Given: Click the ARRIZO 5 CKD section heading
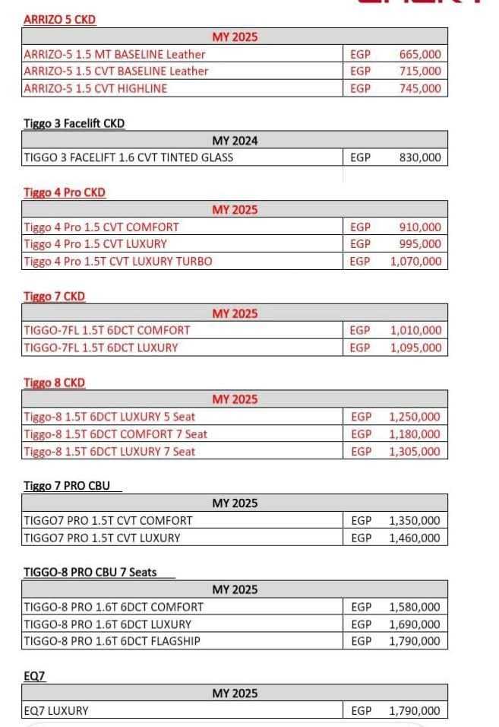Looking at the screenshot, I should (x=60, y=20).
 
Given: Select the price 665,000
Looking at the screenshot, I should (x=419, y=54).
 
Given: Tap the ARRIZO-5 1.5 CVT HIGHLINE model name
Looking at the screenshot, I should (x=96, y=88).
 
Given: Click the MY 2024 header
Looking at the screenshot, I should (x=235, y=141).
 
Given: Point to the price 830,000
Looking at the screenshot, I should (x=419, y=158).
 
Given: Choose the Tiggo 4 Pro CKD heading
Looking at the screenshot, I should (x=65, y=192).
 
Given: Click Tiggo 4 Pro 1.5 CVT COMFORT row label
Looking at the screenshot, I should (x=102, y=227).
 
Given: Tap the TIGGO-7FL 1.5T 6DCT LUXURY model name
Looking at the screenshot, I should (x=101, y=348).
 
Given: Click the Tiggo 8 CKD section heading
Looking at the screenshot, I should (x=55, y=383).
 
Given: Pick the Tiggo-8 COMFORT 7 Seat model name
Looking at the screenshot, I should (x=115, y=434).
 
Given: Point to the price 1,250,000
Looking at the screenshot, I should (x=415, y=417).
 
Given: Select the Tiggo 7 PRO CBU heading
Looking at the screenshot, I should (x=67, y=486).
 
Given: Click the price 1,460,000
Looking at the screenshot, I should (x=415, y=538).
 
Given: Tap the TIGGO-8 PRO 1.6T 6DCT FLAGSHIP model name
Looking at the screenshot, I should (x=112, y=641).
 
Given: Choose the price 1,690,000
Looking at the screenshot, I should (x=415, y=624).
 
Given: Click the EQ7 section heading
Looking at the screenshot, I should (x=34, y=675).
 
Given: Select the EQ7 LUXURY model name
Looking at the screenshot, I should (x=56, y=711).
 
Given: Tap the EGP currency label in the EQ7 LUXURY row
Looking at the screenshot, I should (x=362, y=711).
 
